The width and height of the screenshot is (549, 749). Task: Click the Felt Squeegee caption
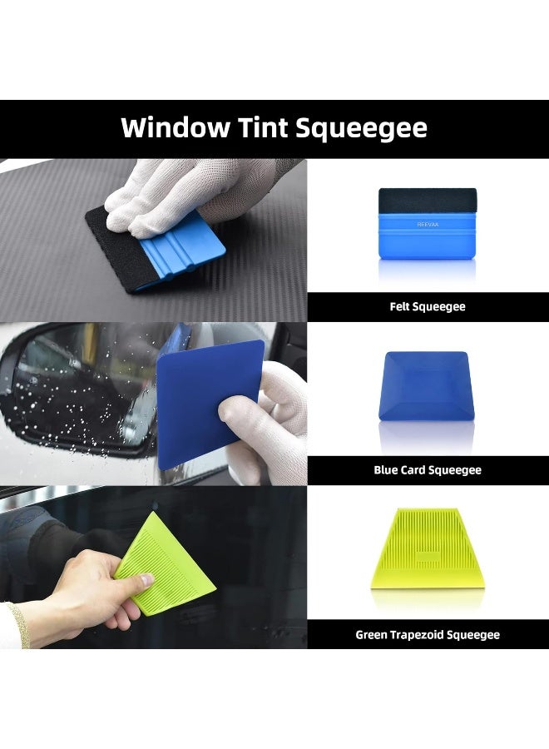(428, 307)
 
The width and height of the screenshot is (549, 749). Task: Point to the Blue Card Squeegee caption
(428, 470)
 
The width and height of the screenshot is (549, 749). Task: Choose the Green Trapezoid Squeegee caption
(428, 635)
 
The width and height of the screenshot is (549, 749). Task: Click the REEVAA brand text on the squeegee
(428, 223)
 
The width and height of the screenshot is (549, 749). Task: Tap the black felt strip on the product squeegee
(428, 200)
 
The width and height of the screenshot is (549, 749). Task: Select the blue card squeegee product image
(428, 386)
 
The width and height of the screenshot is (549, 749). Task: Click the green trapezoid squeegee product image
(428, 549)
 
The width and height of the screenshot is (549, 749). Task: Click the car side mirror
(75, 391)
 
